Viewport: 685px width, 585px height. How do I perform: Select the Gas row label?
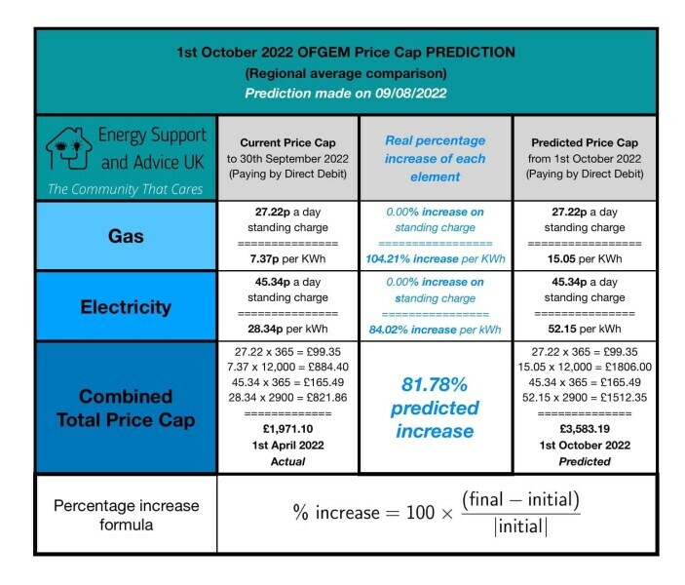pos(123,236)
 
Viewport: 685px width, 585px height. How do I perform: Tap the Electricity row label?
pos(123,306)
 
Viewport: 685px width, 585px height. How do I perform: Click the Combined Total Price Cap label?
pos(123,407)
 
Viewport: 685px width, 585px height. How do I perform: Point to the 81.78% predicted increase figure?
pos(435,407)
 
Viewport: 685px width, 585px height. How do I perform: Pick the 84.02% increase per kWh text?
pos(435,331)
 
